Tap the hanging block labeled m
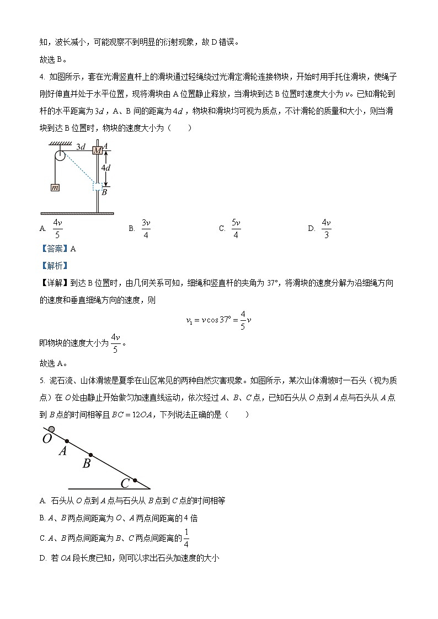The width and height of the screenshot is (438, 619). [x=55, y=187]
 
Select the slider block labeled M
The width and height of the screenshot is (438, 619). [x=98, y=150]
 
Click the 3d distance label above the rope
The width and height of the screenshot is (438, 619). [x=81, y=147]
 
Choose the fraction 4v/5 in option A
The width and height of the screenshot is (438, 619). [x=57, y=228]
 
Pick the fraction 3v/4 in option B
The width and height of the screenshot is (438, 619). [x=146, y=228]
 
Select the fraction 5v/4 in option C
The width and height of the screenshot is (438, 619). [x=236, y=228]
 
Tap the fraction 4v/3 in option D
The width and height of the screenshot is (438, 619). [x=326, y=228]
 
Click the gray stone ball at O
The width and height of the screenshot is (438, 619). [x=51, y=429]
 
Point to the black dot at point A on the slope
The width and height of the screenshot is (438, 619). [x=67, y=441]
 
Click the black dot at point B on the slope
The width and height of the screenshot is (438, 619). [x=90, y=455]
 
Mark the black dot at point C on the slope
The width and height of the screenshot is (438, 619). [x=135, y=480]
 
